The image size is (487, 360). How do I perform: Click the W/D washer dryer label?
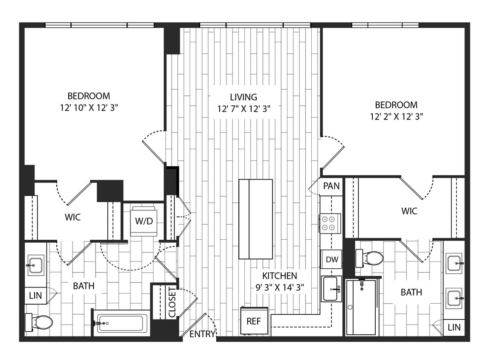[x=143, y=221]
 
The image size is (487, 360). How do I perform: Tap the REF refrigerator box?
[x=255, y=320]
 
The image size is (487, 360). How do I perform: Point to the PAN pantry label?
[x=331, y=186]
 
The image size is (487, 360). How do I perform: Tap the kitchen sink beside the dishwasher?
[x=331, y=288]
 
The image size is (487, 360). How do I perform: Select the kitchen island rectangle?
[x=255, y=219]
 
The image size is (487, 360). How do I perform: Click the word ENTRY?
[x=202, y=334]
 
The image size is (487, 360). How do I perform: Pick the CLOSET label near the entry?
[x=172, y=302]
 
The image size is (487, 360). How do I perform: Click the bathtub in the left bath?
[x=121, y=323]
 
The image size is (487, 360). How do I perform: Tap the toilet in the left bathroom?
[x=40, y=322]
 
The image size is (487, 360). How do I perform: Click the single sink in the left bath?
[x=35, y=265]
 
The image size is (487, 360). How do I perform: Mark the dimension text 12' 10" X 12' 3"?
[x=89, y=108]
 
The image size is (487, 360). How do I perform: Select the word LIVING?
[x=243, y=97]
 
